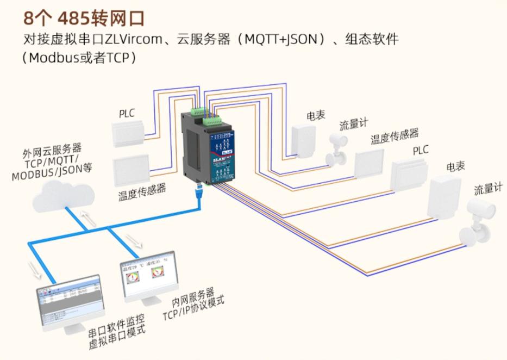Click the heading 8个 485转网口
(x=84, y=18)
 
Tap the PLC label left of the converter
(x=127, y=114)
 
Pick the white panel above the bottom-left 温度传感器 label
(x=131, y=170)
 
